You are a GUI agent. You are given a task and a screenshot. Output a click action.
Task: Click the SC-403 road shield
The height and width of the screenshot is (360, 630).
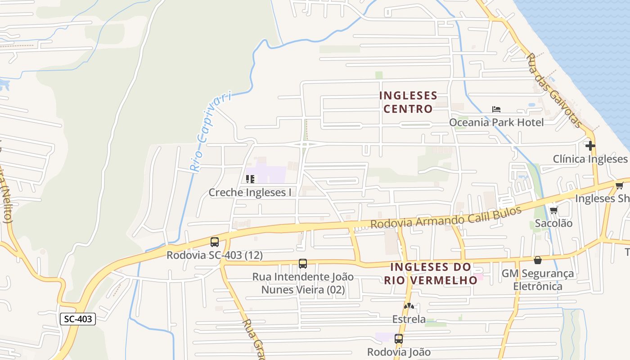(77, 319)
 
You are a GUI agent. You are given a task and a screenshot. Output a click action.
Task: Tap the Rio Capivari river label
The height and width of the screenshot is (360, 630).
(210, 131)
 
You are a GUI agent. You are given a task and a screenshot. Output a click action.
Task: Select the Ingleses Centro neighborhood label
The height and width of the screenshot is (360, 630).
(408, 102)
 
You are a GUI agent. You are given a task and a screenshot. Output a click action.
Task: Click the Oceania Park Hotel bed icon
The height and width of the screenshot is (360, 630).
(496, 109)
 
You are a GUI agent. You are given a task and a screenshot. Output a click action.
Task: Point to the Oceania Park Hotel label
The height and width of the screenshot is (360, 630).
(496, 122)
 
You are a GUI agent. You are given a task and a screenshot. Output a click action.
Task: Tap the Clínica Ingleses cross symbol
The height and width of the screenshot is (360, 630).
(590, 146)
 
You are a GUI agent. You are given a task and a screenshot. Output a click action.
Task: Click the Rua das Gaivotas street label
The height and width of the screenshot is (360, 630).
(554, 90)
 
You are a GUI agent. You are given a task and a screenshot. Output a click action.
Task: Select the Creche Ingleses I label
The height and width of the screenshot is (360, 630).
(250, 193)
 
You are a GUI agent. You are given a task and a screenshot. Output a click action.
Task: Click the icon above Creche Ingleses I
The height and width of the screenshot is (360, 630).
(250, 180)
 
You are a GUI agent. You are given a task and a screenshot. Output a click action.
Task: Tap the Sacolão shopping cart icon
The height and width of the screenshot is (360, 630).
(554, 210)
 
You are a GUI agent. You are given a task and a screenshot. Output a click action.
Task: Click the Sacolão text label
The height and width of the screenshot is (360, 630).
(553, 223)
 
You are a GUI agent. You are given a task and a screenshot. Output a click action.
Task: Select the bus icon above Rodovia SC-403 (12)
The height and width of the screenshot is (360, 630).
(215, 242)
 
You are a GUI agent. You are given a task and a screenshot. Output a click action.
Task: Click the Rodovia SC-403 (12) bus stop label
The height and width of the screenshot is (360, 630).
(215, 255)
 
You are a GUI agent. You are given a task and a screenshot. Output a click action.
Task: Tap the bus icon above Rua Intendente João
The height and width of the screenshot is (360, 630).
(303, 264)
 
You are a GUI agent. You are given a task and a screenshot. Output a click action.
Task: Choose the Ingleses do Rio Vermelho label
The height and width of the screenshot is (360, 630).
(431, 274)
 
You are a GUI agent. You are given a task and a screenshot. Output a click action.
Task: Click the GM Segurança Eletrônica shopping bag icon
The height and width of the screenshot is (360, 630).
(537, 260)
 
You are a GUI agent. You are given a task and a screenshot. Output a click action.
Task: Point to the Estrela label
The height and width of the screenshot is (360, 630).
(409, 319)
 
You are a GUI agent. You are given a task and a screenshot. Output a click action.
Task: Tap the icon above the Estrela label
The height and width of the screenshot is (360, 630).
(409, 306)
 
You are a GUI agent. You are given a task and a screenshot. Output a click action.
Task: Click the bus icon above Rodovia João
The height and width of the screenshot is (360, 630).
(399, 339)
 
